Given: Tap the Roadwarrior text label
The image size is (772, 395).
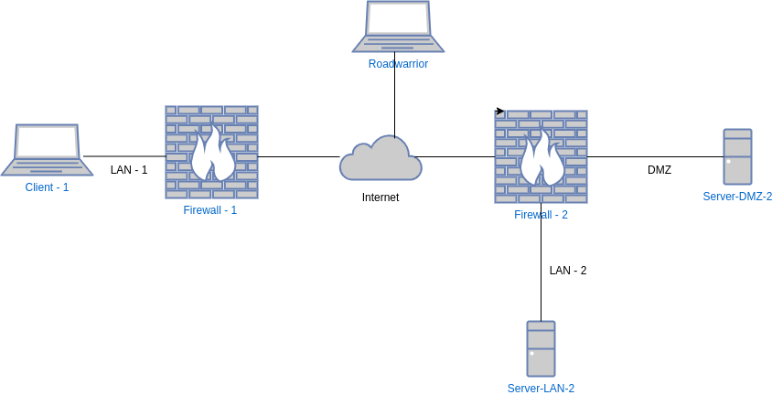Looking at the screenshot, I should click(398, 64).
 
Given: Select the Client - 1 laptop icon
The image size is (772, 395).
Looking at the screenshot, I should click(47, 150).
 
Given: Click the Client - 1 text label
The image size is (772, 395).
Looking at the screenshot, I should click(47, 187).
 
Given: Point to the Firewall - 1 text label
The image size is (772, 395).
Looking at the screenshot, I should click(210, 210).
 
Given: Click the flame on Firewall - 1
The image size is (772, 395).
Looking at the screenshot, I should click(212, 155).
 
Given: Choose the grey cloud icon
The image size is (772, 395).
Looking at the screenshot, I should click(381, 159).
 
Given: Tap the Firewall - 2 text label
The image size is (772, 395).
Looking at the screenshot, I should click(541, 215).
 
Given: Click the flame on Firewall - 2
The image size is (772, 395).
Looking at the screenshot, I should click(541, 160).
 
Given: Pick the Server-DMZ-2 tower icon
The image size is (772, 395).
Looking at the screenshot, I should click(737, 157).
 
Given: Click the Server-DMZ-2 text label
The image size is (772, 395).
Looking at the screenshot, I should click(737, 197).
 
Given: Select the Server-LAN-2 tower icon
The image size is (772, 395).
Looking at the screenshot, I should click(541, 348).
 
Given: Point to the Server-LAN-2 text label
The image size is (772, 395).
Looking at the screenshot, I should click(541, 389).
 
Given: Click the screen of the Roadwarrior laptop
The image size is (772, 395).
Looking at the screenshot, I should click(398, 17).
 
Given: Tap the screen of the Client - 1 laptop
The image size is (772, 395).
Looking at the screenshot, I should click(47, 142).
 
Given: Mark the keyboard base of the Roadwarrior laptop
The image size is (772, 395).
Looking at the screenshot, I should click(398, 44).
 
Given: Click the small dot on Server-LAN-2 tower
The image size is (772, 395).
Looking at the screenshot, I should click(531, 353).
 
